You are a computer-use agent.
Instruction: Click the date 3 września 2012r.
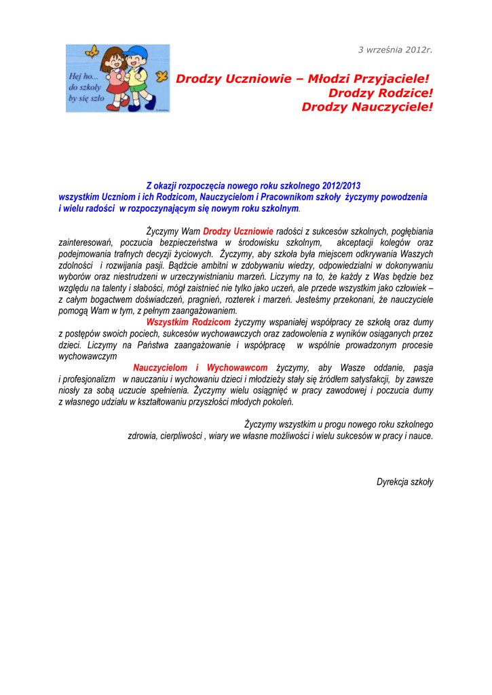tap(395, 50)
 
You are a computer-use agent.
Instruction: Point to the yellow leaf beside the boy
tap(161, 77)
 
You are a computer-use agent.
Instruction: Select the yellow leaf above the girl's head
tap(93, 52)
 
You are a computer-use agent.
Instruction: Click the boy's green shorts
tap(138, 88)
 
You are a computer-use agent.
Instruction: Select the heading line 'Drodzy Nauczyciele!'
tap(366, 107)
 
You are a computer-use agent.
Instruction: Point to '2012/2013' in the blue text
tap(342, 186)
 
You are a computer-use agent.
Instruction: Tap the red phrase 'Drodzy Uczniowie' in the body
tap(238, 231)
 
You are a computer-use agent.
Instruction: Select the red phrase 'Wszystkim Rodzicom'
tap(187, 322)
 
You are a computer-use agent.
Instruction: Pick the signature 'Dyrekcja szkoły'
tap(404, 482)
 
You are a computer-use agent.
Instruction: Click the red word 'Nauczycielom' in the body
tap(160, 368)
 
